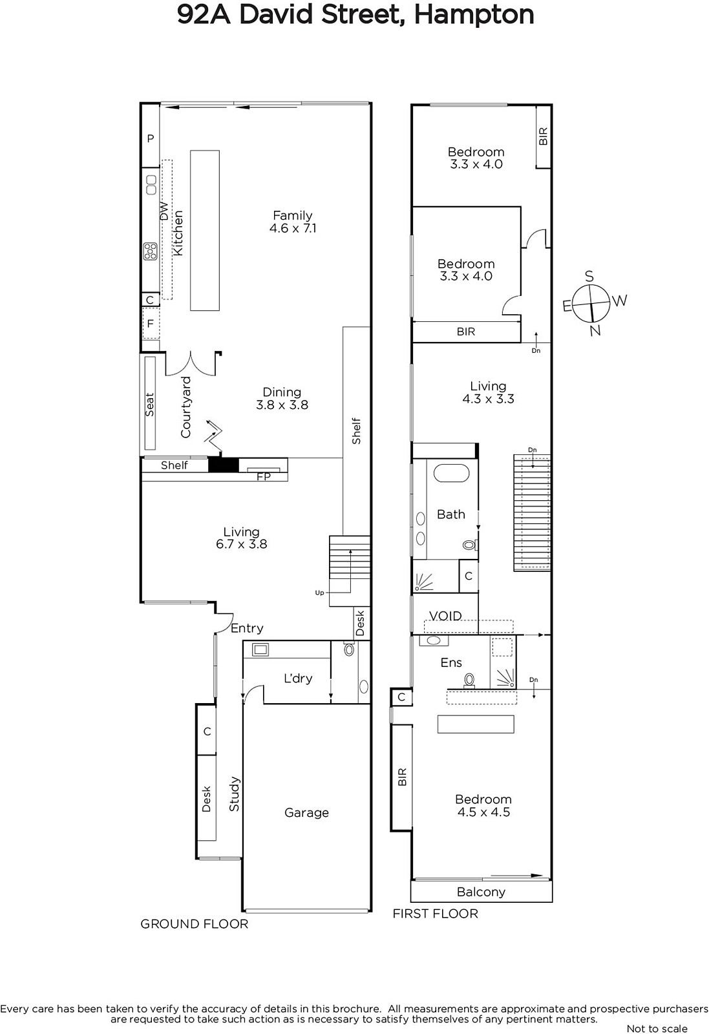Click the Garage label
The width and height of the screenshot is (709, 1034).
(306, 812)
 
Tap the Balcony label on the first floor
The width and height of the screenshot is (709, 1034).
(481, 892)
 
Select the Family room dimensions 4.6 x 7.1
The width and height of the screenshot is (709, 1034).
(293, 228)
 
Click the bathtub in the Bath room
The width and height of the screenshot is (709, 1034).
(451, 473)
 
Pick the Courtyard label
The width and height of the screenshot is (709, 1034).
(185, 407)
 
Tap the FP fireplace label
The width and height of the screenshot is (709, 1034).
(264, 476)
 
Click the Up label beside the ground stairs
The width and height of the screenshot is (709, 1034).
(319, 593)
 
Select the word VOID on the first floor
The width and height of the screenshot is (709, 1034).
(445, 616)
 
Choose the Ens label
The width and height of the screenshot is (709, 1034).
(451, 663)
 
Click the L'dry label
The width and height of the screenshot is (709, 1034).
(298, 678)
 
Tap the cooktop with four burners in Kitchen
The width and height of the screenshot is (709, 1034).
(150, 251)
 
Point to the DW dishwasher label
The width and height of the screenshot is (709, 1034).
(164, 211)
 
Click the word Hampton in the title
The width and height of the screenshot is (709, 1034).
(474, 16)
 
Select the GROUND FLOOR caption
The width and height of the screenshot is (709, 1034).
(195, 923)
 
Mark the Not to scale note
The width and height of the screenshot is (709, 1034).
(657, 1028)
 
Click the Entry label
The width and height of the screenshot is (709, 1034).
(247, 628)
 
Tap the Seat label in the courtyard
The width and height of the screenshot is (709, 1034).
(149, 405)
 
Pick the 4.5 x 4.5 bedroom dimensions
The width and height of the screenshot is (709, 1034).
(483, 812)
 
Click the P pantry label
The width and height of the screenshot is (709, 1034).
(151, 138)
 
